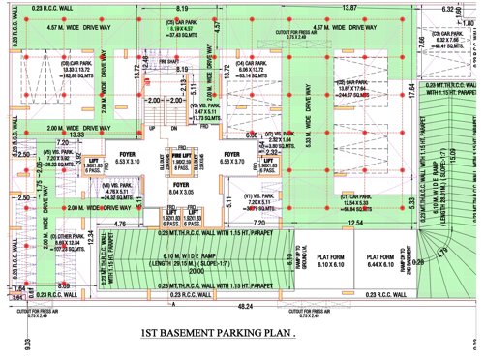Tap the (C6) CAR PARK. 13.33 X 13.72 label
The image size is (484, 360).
[x=78, y=70]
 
